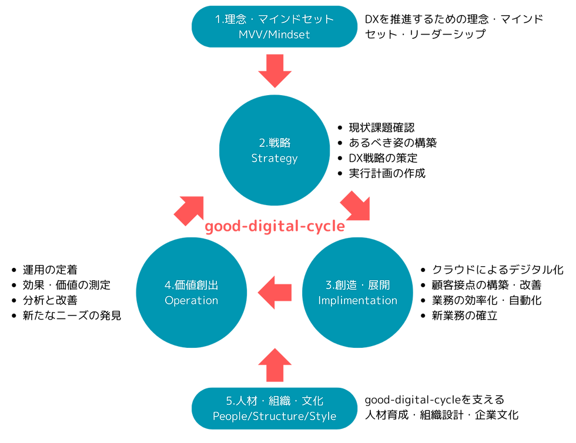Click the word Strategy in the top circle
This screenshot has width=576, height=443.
(274, 158)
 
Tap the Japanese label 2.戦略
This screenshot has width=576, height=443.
(274, 143)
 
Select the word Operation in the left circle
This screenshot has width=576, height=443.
(191, 300)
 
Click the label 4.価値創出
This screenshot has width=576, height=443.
(191, 285)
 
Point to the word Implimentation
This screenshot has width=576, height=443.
(357, 300)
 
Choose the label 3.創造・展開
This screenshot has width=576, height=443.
(357, 285)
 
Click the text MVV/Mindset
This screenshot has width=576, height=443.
(274, 35)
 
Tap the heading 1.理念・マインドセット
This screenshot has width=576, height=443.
(274, 19)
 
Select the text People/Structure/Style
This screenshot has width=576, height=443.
(274, 416)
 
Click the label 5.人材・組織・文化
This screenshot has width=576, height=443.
(274, 401)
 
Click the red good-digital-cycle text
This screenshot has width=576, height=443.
(274, 227)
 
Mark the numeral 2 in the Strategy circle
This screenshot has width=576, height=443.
(262, 143)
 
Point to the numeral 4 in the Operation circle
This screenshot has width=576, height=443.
(168, 286)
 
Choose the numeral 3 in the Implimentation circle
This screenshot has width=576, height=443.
(329, 286)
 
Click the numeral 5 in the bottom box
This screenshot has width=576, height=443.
(229, 401)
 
